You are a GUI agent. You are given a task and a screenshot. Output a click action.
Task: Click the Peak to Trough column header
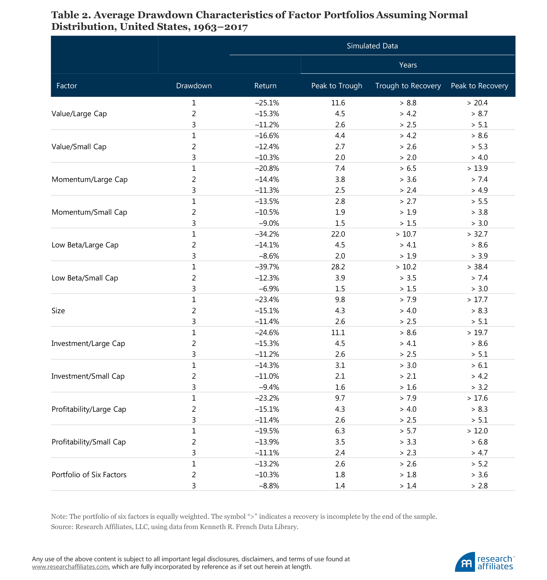[336, 86]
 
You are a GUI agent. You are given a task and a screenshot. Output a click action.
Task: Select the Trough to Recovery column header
[408, 86]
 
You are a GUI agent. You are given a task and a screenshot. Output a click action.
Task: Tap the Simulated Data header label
[372, 46]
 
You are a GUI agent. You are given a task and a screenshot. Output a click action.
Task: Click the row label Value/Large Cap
[79, 114]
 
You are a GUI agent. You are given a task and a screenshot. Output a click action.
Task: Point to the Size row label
[58, 311]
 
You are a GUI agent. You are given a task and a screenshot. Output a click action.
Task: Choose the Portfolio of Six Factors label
[89, 475]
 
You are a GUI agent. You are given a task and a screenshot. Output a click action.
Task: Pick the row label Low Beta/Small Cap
[85, 278]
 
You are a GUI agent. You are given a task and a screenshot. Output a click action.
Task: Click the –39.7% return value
[267, 267]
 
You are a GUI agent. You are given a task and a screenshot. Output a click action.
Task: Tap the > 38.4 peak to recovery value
[477, 267]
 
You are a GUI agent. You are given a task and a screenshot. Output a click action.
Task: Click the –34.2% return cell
[267, 234]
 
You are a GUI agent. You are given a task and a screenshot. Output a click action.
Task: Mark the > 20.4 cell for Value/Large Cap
[477, 103]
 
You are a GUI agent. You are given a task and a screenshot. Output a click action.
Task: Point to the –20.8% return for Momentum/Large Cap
[267, 169]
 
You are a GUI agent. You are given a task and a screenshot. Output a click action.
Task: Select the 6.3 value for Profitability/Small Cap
[340, 431]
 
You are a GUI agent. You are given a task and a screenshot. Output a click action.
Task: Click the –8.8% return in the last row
[269, 486]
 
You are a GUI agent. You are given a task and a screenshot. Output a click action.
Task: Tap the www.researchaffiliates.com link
[70, 567]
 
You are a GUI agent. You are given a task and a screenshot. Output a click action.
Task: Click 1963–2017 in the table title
[220, 27]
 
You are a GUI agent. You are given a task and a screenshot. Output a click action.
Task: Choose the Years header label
[408, 65]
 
